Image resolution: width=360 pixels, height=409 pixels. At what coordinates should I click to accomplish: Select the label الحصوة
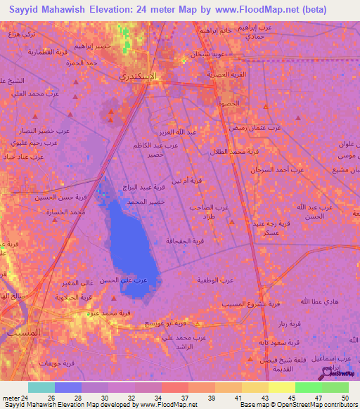(x=229, y=103)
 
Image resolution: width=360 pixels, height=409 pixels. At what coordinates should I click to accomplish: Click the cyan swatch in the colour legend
(x=41, y=387)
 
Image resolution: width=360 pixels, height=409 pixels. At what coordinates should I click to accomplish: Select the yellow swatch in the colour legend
(x=281, y=387)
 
